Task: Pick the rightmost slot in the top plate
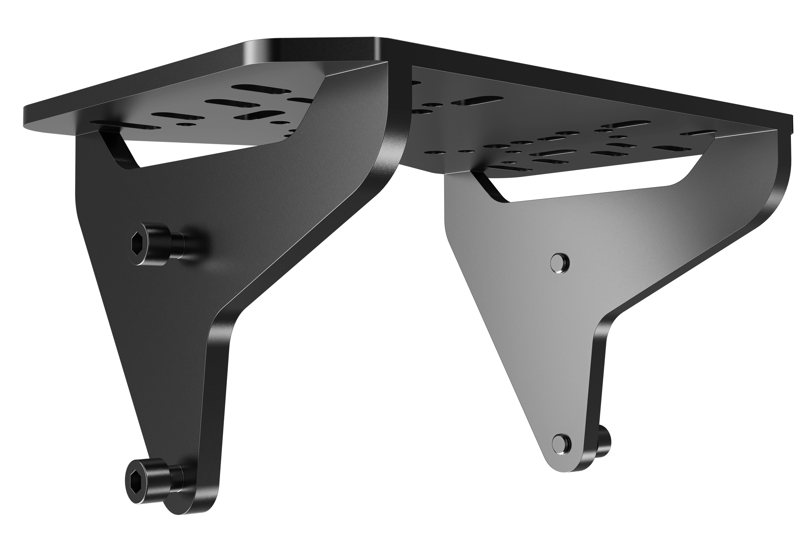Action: (696, 132)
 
